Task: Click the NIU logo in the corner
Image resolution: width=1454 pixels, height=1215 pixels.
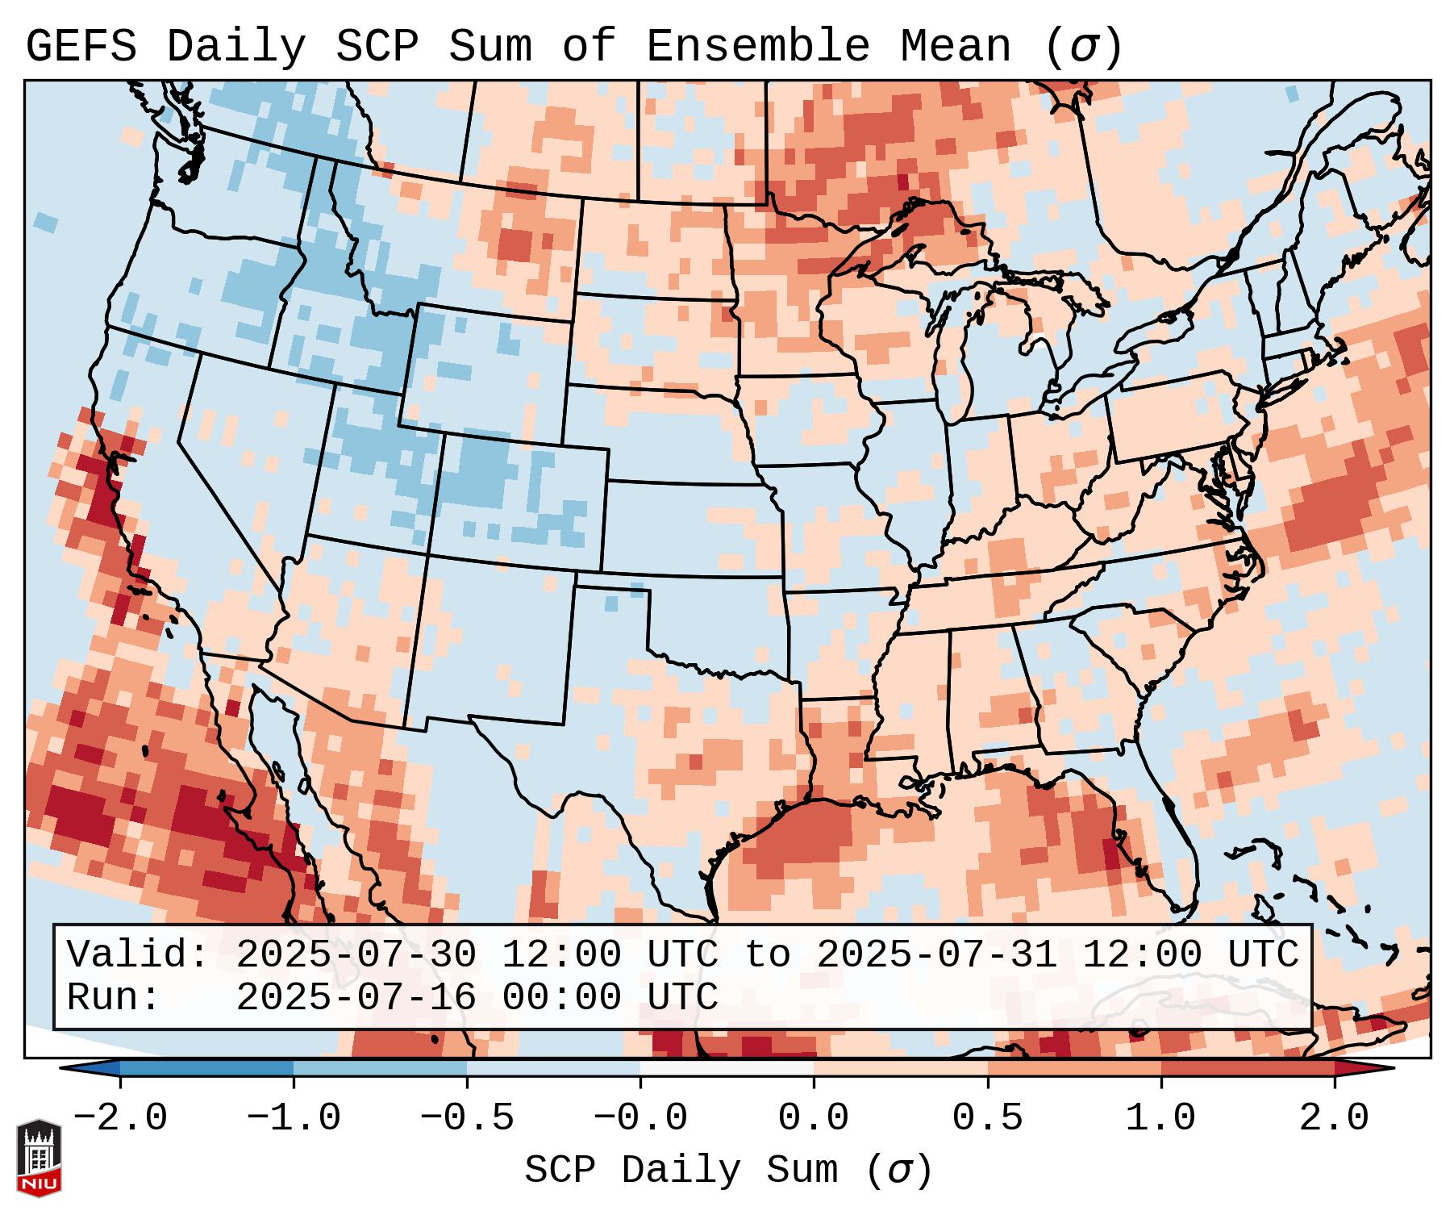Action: coord(39,1157)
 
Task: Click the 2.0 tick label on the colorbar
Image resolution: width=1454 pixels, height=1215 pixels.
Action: coord(1334,1117)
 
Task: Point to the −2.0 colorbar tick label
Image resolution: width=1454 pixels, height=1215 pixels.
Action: coord(119,1117)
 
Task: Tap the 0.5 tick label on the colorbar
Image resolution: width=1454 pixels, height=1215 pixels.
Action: coord(987,1117)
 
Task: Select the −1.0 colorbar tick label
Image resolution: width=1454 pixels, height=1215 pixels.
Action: coord(293,1117)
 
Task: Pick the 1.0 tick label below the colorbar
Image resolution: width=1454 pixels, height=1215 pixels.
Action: coord(1160,1117)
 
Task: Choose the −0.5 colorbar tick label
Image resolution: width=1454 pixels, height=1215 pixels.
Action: coord(466,1117)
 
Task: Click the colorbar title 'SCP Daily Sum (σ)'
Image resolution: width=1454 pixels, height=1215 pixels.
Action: coord(728,1170)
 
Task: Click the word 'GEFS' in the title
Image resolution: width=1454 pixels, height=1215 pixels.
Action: coord(81,46)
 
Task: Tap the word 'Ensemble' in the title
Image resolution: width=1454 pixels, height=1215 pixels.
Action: coord(757,46)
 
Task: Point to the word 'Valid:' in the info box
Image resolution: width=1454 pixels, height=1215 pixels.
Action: coord(138,954)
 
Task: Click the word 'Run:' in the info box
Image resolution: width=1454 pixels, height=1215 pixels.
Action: coord(114,997)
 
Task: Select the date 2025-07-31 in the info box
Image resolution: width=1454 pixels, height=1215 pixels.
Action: coord(936,954)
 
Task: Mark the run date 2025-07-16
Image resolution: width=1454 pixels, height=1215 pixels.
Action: coord(356,997)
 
